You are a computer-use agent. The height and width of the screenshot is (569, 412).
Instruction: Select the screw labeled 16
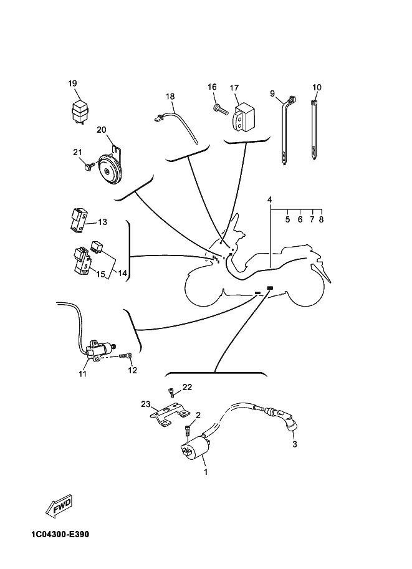click(x=221, y=109)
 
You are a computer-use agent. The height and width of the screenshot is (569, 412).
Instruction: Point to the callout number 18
click(x=170, y=97)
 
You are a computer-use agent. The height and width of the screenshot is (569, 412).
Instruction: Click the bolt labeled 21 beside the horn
click(x=89, y=166)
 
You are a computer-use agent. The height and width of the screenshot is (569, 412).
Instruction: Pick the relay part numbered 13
click(x=78, y=219)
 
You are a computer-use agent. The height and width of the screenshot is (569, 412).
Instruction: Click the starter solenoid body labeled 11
click(x=100, y=350)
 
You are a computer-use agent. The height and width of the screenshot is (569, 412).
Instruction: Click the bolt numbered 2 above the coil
click(x=188, y=430)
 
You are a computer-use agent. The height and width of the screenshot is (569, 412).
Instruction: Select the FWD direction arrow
click(x=60, y=504)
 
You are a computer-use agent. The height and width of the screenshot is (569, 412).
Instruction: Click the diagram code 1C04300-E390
click(x=60, y=535)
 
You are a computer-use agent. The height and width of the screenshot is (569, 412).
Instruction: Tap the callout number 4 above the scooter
click(x=270, y=200)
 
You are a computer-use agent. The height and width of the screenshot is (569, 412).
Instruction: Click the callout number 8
click(x=321, y=220)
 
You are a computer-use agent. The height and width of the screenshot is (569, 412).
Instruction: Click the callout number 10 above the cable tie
click(x=317, y=87)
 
